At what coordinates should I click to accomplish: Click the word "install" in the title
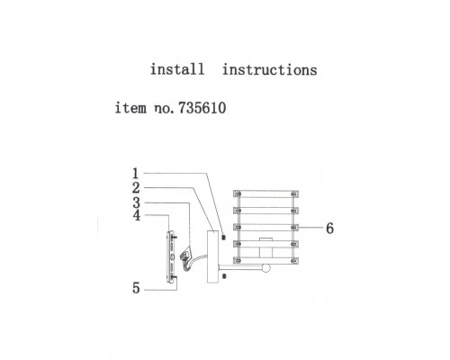(x=177, y=69)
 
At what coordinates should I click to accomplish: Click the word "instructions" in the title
(x=269, y=69)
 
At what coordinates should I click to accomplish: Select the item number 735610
(x=202, y=108)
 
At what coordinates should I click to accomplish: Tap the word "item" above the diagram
(x=130, y=108)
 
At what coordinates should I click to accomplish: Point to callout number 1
(x=136, y=174)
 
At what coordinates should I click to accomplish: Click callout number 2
(x=136, y=188)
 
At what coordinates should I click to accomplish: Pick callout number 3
(x=137, y=202)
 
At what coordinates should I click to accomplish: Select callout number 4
(x=137, y=215)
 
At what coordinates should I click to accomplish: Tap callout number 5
(x=136, y=288)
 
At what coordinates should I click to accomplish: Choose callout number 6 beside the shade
(x=329, y=229)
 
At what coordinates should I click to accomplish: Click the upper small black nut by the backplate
(x=223, y=237)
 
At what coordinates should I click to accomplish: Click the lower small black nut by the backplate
(x=224, y=275)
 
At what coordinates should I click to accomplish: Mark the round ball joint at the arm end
(x=266, y=268)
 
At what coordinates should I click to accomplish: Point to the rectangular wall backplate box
(x=212, y=256)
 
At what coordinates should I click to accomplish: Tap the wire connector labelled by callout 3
(x=184, y=256)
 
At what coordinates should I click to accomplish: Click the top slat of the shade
(x=265, y=193)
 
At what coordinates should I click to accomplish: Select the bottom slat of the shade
(x=265, y=260)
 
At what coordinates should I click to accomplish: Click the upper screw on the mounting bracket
(x=175, y=237)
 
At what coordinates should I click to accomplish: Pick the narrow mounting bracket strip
(x=170, y=256)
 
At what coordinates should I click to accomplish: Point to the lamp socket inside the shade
(x=265, y=249)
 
